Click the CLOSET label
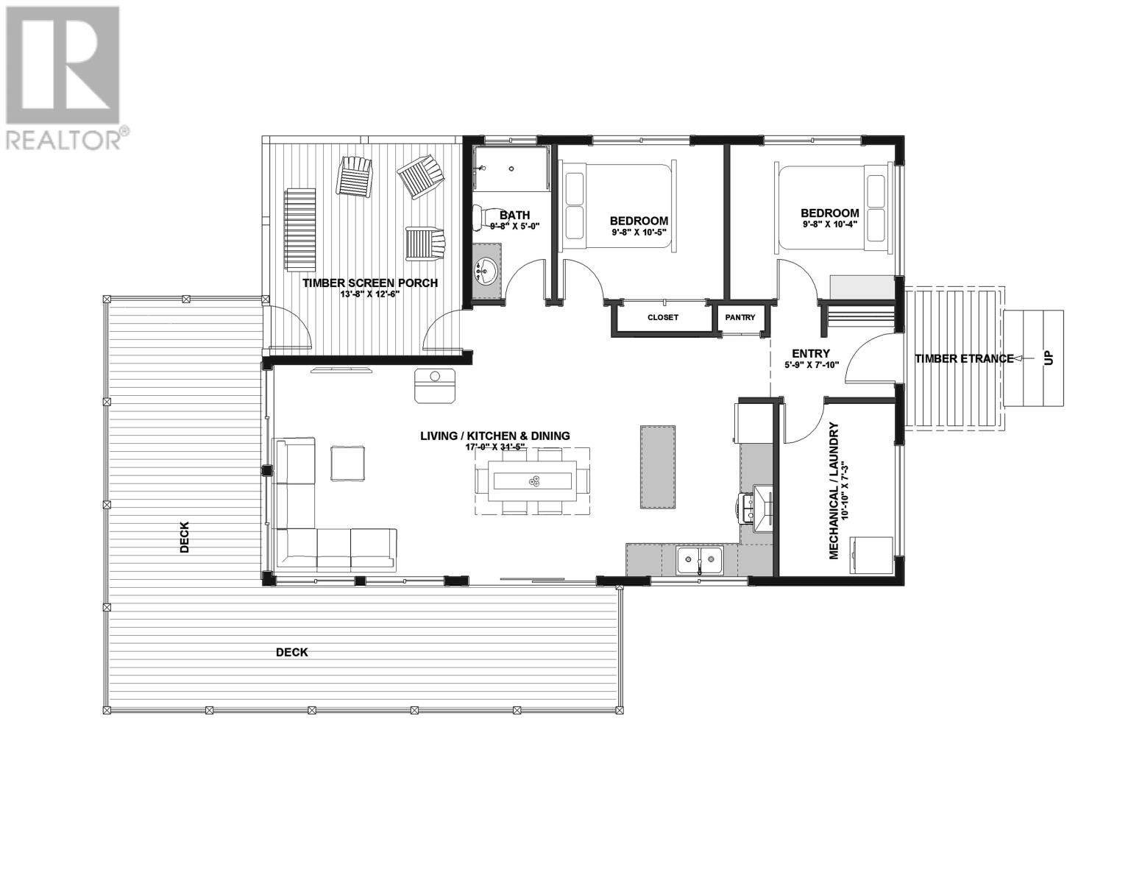pos(662,318)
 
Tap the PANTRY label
pos(740,318)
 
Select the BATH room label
pos(514,216)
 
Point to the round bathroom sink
pos(486,272)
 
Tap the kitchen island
pos(658,466)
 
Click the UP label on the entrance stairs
pos(1049,358)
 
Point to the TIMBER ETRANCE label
pos(964,358)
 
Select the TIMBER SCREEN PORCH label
pos(370,283)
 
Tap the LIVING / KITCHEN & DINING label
pos(494,436)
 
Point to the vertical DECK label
pos(184,537)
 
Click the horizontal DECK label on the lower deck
pos(291,652)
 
